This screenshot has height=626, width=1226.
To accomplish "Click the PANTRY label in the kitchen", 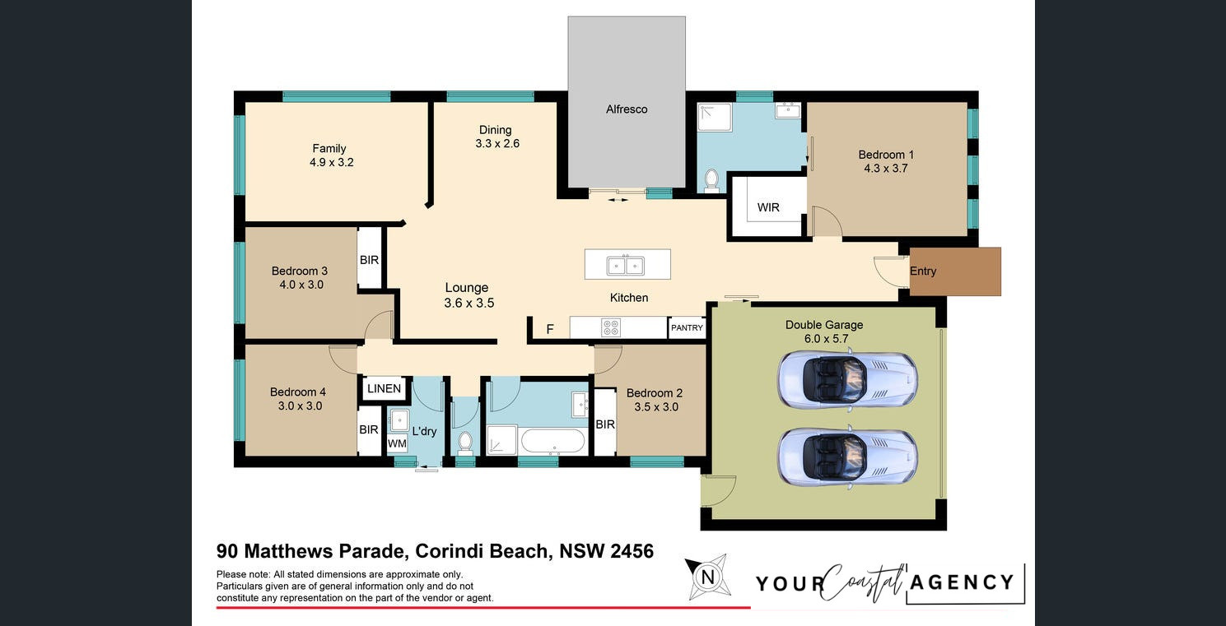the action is tap(687, 328).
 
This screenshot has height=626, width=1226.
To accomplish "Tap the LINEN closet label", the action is tap(385, 389).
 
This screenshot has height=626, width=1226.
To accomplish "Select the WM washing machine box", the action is tap(397, 443).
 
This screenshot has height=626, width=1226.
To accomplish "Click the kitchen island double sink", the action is tap(626, 266).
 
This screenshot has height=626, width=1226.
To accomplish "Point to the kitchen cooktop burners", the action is tap(611, 327).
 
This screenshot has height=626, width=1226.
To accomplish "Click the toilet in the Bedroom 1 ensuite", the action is tap(711, 181).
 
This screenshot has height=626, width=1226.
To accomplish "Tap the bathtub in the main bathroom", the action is tap(552, 441).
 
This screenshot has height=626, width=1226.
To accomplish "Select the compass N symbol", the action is tap(707, 577).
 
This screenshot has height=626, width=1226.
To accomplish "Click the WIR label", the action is tap(768, 208).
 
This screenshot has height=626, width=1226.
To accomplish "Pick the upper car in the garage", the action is tap(847, 380).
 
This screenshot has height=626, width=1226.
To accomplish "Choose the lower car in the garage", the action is tap(847, 457).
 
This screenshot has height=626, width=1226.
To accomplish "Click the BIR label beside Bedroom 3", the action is tap(370, 260).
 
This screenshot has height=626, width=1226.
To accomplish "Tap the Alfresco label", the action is tap(627, 109).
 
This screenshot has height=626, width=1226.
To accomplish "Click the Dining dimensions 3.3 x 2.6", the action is tap(497, 144).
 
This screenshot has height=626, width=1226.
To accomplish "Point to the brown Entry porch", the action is tap(955, 271).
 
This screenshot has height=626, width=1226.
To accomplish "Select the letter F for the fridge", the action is tap(550, 329).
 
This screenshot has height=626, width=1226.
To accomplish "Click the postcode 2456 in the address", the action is tap(632, 551).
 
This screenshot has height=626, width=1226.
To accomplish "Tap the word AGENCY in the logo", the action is tap(962, 582).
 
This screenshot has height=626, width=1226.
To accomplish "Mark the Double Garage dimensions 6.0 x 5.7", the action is tap(826, 339).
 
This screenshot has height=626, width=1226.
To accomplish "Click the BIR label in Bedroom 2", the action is tap(605, 424).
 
